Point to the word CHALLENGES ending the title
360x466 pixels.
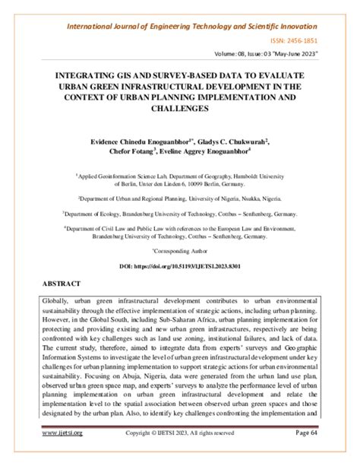click(179, 109)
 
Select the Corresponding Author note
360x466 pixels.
click(178, 249)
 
